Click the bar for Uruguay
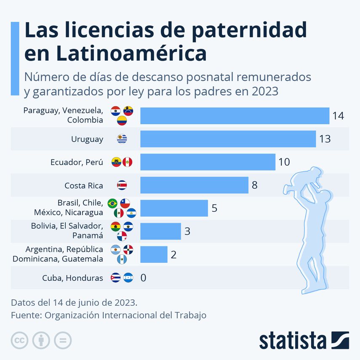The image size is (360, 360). point(228,139)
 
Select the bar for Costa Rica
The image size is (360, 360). point(194,185)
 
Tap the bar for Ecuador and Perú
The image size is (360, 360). point(208,162)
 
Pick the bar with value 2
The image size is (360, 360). point(154,254)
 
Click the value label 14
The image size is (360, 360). point(338,116)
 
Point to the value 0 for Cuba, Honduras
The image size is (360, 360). point(143,278)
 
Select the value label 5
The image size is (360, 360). point(214,208)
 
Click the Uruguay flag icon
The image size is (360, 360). point(122,139)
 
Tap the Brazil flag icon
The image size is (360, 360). point(112,203)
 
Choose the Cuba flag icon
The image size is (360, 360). point(115,278)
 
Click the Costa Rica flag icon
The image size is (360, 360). point(122,185)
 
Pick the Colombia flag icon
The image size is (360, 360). point(122,121)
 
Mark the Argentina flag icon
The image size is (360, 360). point(115,250)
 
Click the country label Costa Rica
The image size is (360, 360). point(83,185)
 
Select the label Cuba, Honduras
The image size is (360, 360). point(72,278)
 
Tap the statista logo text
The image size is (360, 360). point(293,340)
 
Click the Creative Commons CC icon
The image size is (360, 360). point(19,340)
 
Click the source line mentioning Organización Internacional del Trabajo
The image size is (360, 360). point(109,315)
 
